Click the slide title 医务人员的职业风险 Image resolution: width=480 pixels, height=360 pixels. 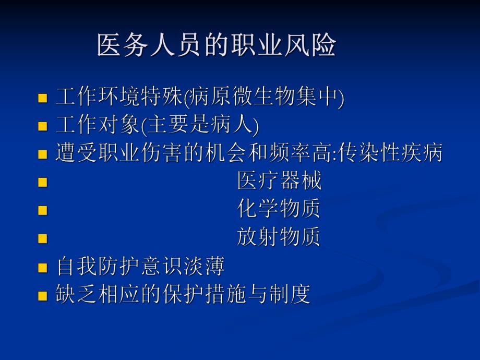pos(216,46)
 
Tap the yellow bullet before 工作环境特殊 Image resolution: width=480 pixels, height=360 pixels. pos(43,99)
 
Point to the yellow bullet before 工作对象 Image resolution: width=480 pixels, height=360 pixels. pos(43,126)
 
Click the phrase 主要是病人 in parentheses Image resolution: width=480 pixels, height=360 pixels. pos(200,125)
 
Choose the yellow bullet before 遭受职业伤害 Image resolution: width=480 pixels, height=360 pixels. pos(43,154)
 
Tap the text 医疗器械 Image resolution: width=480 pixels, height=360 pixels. pos(279,182)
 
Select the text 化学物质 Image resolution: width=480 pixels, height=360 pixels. pos(279,209)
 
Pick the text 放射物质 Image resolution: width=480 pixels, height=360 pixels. pos(279,237)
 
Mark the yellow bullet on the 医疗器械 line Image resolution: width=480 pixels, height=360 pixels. pos(43,183)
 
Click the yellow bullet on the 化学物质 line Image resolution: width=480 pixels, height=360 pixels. pos(43,211)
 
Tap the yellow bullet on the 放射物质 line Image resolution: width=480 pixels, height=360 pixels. pos(43,239)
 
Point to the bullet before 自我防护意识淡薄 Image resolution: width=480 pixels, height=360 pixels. pos(43,268)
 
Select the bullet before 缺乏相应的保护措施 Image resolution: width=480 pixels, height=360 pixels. pos(43,296)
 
